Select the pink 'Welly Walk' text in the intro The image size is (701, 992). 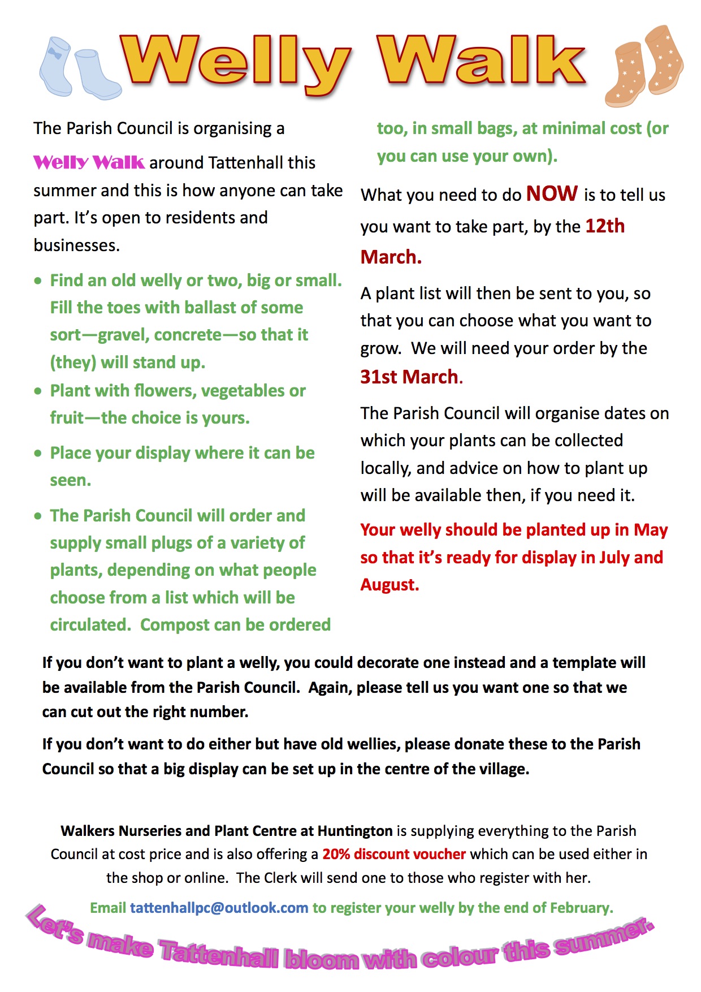click(x=89, y=163)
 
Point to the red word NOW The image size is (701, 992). click(x=552, y=194)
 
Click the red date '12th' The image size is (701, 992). click(x=605, y=226)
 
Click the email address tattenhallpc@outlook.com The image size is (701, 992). click(x=219, y=908)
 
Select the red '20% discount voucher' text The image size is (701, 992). click(x=394, y=854)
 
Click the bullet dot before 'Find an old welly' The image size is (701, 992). click(x=38, y=281)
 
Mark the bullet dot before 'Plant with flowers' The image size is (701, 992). click(x=38, y=391)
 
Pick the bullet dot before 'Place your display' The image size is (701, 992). click(x=38, y=453)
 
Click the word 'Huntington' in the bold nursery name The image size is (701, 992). click(x=355, y=831)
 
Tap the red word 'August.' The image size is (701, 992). click(x=390, y=585)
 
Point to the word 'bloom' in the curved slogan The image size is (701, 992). click(x=321, y=959)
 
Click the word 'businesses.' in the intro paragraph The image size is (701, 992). click(x=76, y=245)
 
